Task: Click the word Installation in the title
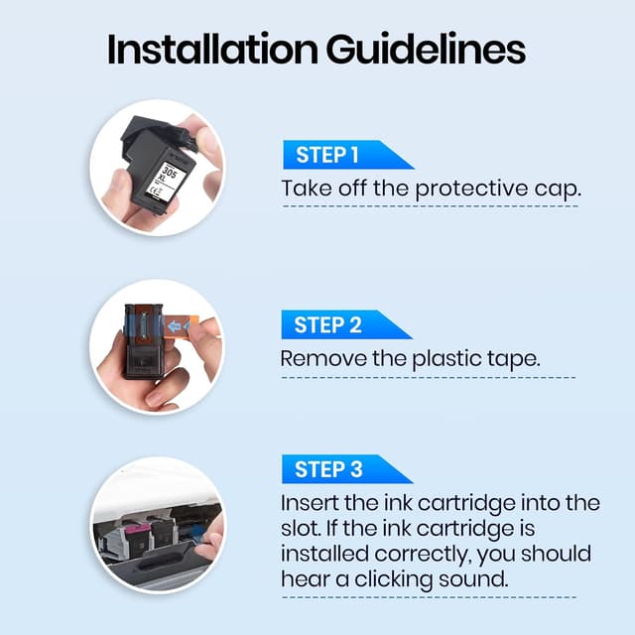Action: (x=212, y=50)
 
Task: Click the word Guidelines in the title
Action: (x=426, y=50)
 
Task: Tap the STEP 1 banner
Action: (x=348, y=155)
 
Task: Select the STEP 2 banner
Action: (x=347, y=324)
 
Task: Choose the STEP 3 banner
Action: (x=347, y=469)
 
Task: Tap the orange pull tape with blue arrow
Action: (x=182, y=325)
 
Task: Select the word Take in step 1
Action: (x=307, y=189)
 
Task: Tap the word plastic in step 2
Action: (x=445, y=359)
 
